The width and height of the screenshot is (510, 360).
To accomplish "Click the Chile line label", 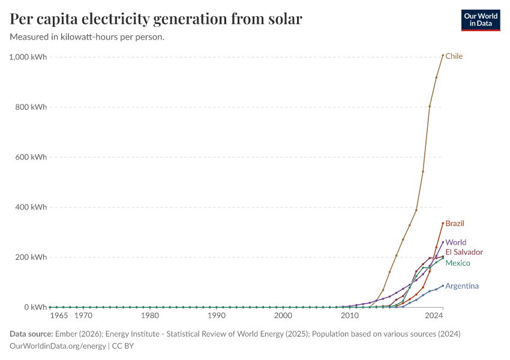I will [x=454, y=56].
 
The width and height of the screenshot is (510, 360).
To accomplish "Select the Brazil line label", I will [x=455, y=223].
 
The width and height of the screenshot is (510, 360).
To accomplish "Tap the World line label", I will [x=455, y=242].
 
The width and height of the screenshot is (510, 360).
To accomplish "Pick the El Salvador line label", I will [x=464, y=252].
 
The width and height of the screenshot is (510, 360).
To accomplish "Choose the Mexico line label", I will [x=457, y=263].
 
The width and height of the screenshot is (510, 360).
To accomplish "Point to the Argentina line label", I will [x=462, y=286].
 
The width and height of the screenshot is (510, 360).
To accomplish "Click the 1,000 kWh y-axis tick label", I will [x=28, y=57].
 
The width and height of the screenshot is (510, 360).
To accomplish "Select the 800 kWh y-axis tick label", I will [x=31, y=107].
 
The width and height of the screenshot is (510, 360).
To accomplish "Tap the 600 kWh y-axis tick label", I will [x=31, y=157].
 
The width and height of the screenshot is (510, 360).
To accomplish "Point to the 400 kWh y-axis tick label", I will [x=31, y=207].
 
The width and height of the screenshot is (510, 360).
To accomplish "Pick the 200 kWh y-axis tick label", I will [x=31, y=257].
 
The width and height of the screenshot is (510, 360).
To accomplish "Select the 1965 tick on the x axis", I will [x=59, y=315].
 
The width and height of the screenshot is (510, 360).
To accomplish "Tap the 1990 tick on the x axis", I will [x=217, y=315].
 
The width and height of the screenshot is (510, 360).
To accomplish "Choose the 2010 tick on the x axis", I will [x=349, y=315].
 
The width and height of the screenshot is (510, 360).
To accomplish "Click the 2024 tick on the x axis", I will [x=433, y=315].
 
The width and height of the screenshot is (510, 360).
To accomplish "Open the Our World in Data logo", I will [x=480, y=20].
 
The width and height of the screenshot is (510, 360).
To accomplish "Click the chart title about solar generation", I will [x=156, y=19].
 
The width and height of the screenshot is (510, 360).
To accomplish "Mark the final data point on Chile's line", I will [x=443, y=55].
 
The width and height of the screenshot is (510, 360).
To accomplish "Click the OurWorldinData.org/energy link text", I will [x=58, y=346].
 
